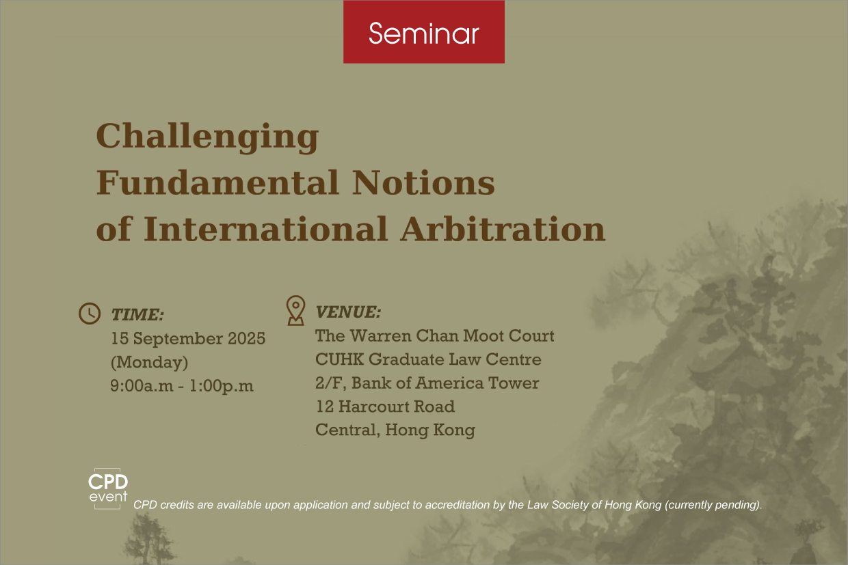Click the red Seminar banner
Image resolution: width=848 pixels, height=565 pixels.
point(424,31)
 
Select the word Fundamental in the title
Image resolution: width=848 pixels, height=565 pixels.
point(217,182)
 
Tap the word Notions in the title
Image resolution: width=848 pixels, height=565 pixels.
point(423,182)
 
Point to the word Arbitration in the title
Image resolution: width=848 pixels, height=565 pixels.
point(503,229)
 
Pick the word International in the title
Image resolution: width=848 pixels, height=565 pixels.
point(266,229)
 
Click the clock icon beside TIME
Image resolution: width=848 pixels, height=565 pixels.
point(90,313)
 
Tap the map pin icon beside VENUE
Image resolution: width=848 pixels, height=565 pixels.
point(295,310)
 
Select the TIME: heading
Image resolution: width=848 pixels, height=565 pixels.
point(137,315)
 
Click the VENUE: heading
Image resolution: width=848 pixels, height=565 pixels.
point(348,312)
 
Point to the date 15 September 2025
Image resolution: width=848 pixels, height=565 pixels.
point(188,338)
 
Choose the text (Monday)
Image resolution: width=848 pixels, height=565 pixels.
point(150,362)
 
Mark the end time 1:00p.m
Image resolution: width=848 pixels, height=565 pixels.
point(222,386)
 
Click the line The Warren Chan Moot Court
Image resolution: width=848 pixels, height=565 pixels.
point(435,335)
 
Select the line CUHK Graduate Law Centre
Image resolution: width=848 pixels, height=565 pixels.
point(428,359)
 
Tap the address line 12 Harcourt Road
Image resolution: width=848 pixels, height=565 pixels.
point(385,406)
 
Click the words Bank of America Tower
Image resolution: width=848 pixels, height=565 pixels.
point(445,383)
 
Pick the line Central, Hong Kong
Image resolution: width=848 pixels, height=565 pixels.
point(395,430)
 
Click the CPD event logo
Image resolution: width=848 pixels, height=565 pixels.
point(108,488)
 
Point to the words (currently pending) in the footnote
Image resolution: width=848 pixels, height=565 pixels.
point(713,505)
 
